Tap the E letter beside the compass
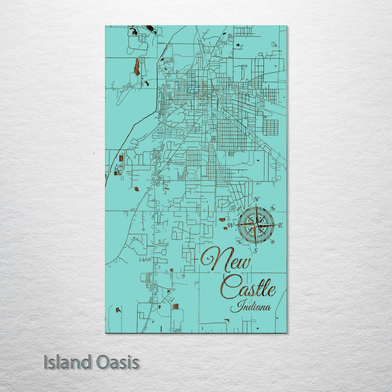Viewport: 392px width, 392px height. (x=281, y=225)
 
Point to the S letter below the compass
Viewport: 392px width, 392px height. (x=255, y=251)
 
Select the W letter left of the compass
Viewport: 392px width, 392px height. (x=231, y=225)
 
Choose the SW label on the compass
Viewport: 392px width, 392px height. (x=239, y=241)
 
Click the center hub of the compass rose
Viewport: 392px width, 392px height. (x=256, y=225)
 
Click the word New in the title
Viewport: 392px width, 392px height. (x=225, y=260)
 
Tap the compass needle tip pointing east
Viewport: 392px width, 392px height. (x=277, y=225)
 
